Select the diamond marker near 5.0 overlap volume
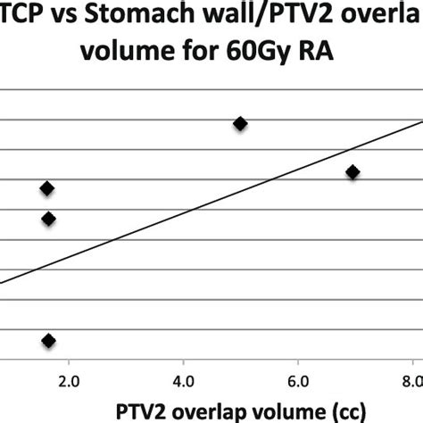pyautogui.click(x=240, y=124)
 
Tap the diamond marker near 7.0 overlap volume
pyautogui.click(x=352, y=171)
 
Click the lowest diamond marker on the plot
pyautogui.click(x=48, y=340)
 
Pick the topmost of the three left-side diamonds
pyautogui.click(x=47, y=187)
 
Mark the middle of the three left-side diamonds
pyautogui.click(x=48, y=219)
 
